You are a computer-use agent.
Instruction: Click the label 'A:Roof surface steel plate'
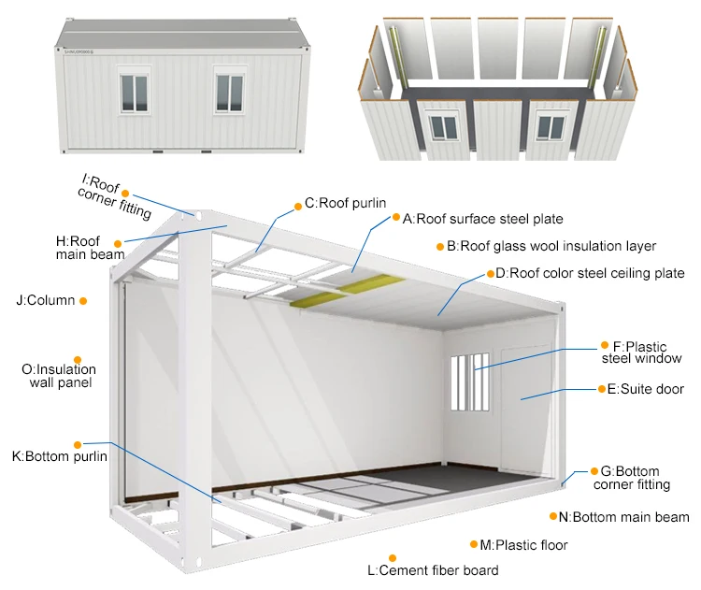[482, 219]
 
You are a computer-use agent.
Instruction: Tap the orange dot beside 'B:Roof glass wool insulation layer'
[439, 247]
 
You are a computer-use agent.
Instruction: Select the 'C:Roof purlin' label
[345, 203]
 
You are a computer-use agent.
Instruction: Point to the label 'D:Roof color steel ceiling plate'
[590, 274]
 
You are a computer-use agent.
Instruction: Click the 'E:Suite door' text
[645, 389]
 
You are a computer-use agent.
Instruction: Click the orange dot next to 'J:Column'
[83, 301]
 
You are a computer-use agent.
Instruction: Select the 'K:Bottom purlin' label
[59, 456]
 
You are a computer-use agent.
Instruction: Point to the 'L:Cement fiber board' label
[432, 569]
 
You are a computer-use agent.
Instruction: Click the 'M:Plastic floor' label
[523, 544]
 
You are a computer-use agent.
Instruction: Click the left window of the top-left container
[134, 94]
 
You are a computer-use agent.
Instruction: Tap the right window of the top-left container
[230, 94]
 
